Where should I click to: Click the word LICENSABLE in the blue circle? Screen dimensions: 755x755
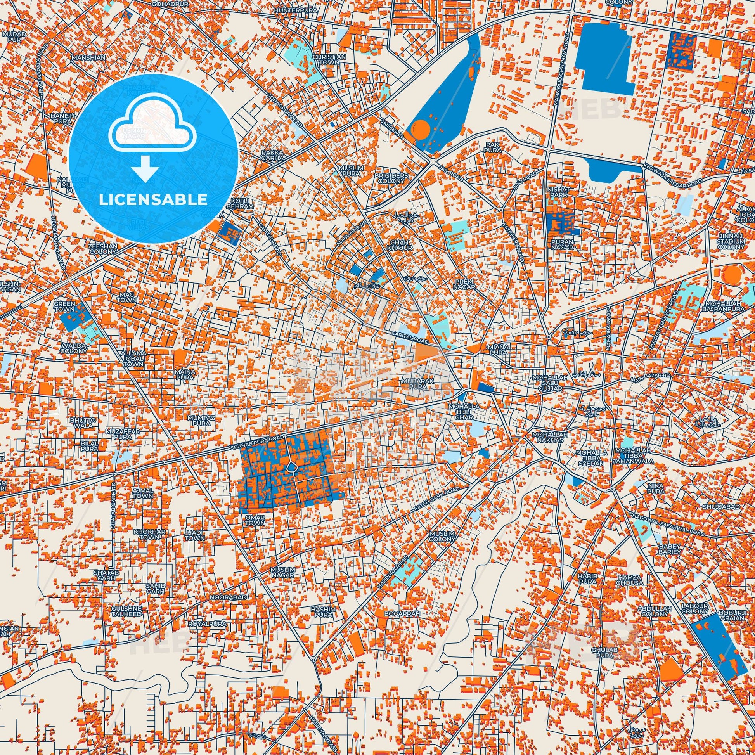[153, 199]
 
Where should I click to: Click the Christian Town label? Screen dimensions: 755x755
[329, 59]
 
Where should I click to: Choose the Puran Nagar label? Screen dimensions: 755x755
[562, 244]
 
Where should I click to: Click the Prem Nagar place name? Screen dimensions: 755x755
[464, 284]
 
